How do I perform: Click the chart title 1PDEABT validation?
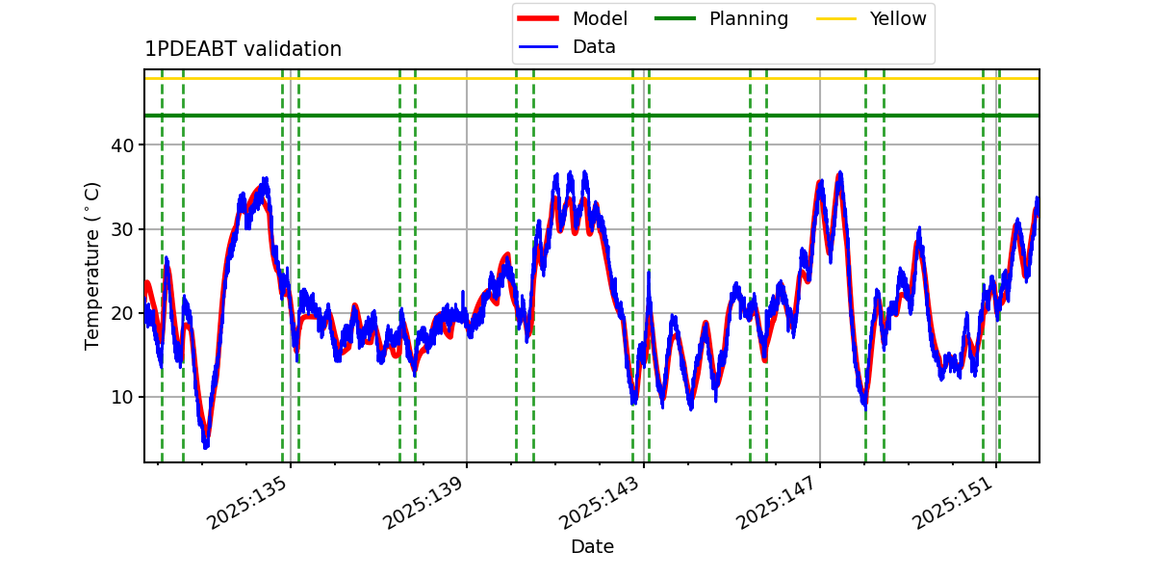tap(243, 49)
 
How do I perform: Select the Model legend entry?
tap(573, 18)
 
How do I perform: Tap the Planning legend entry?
tap(721, 18)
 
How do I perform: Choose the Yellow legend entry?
tap(871, 18)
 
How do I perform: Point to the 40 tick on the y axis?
tap(122, 145)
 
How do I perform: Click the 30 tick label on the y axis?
tap(122, 229)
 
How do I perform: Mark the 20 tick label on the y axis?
tap(122, 313)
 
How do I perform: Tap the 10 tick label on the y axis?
tap(122, 397)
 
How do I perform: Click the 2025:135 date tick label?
tap(246, 502)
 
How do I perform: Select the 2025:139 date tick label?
tap(423, 502)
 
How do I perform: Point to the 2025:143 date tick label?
tap(599, 502)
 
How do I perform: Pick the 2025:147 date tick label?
tap(776, 502)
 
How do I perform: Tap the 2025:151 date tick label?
tap(952, 502)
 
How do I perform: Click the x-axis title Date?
tap(593, 546)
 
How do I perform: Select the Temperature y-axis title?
tap(91, 266)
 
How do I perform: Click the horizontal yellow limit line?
tap(592, 78)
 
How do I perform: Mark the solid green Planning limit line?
tap(592, 115)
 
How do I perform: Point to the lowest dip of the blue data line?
tap(206, 446)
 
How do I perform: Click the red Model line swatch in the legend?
tap(538, 18)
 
